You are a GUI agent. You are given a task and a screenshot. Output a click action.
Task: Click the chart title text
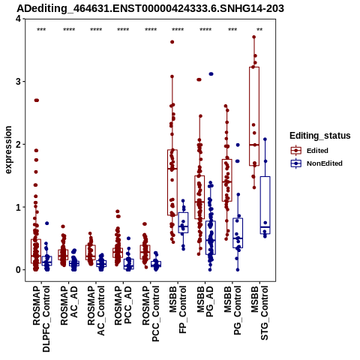click(x=150, y=8)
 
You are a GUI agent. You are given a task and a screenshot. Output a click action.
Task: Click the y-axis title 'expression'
click(x=8, y=150)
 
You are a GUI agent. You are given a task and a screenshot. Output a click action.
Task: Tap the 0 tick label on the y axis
click(x=18, y=270)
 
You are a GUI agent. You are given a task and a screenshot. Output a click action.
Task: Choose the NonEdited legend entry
click(x=316, y=163)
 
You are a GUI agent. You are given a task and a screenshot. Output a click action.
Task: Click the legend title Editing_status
click(x=320, y=136)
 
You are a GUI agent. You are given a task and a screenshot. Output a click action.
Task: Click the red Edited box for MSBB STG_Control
click(x=254, y=116)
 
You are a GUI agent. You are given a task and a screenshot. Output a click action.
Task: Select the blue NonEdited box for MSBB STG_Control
click(x=265, y=205)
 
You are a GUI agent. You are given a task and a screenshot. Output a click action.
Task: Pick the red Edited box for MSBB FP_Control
click(x=172, y=182)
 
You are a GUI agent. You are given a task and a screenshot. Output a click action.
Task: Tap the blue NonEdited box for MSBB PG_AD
click(x=211, y=238)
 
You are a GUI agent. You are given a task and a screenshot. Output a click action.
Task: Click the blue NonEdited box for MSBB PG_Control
click(x=238, y=233)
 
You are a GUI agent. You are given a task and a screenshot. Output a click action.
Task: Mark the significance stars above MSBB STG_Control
click(x=259, y=29)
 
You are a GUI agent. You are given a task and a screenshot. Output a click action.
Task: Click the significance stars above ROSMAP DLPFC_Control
click(x=41, y=29)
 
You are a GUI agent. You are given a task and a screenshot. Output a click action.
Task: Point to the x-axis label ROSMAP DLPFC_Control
click(x=41, y=319)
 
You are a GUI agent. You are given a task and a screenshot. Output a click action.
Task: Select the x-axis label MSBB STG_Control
click(x=259, y=313)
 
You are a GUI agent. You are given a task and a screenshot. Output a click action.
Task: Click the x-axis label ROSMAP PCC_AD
click(x=123, y=305)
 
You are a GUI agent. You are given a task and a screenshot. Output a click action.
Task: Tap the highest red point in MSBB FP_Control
click(x=172, y=42)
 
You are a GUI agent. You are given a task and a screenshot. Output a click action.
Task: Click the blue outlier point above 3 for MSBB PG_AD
click(x=211, y=74)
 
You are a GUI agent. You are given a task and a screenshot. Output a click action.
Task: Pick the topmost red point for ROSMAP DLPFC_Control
click(x=37, y=100)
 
